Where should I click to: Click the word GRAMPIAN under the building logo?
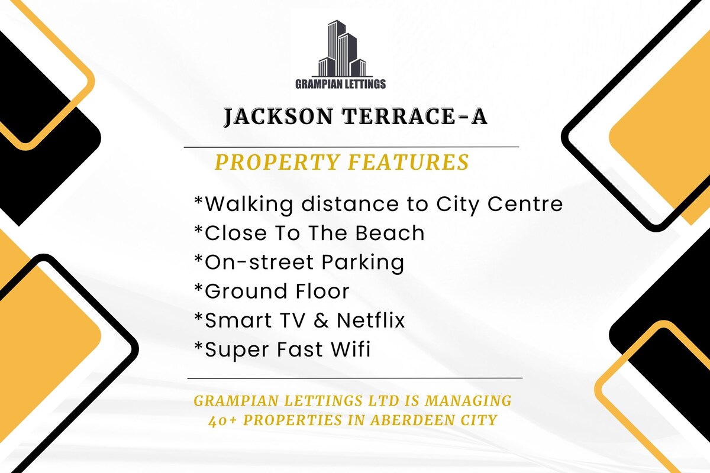317,84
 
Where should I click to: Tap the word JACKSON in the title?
279,116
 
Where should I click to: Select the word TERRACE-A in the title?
414,116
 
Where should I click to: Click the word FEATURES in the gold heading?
408,162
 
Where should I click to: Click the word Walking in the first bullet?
249,205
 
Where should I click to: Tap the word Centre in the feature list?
525,204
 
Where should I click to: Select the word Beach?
389,233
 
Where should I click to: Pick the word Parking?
363,263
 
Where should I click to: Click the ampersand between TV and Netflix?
321,320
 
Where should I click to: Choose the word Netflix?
371,320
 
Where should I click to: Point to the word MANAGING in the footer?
468,400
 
